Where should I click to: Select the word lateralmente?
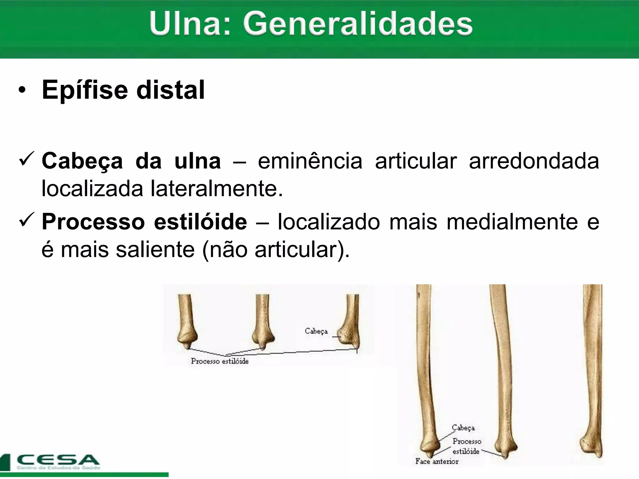tap(217, 189)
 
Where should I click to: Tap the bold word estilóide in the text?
tap(200, 222)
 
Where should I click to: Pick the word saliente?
tap(155, 250)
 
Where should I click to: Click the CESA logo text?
tap(58, 460)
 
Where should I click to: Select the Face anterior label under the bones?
tap(437, 462)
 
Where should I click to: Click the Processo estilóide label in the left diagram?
tap(220, 361)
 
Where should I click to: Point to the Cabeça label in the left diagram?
tap(316, 331)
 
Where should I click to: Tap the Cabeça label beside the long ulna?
tap(463, 428)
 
